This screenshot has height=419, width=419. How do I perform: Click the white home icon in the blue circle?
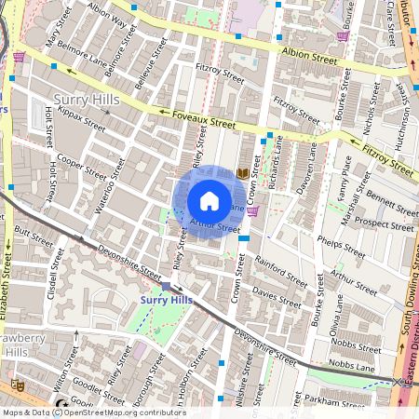pos(209,201)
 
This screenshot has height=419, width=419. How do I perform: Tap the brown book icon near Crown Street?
pos(243,173)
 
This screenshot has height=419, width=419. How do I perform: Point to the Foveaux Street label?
pos(196,118)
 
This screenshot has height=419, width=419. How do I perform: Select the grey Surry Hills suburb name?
pos(82,99)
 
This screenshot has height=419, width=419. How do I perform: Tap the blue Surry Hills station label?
pos(166,300)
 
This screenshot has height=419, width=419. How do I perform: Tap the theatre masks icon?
pos(16,384)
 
